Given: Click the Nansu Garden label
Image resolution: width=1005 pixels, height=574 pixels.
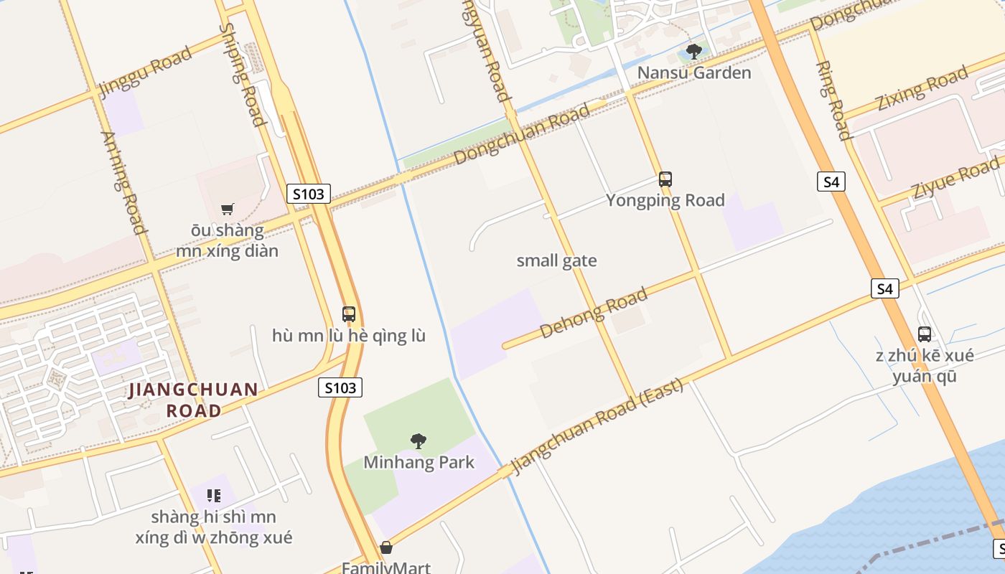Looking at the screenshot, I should pos(694,72).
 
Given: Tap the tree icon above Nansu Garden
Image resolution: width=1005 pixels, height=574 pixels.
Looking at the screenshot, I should pos(693,52).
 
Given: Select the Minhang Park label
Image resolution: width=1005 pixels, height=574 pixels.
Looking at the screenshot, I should pos(419,462).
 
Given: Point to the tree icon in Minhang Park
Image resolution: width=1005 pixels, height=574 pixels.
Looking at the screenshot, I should pos(419,441).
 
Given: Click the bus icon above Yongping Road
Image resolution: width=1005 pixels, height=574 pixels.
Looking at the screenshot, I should pos(665,179).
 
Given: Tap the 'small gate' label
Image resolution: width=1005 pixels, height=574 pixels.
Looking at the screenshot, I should pos(556,260).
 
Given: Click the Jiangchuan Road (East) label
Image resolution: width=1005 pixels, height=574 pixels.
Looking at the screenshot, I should pos(597,425).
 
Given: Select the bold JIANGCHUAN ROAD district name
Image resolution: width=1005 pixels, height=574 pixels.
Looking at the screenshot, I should pos(194,400).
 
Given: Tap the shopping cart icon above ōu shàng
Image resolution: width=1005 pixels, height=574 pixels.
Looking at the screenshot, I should pos(228,209).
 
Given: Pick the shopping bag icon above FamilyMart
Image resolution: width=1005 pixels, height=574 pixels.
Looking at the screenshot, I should pos(386,548).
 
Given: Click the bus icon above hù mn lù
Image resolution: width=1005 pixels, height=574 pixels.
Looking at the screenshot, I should pos(349,314).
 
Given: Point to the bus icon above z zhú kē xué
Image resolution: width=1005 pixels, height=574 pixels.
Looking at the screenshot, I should pos(925,334).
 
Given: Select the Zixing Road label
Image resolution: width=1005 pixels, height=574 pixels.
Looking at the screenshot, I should pos(922,89).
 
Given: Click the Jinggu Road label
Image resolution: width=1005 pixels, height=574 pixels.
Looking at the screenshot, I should pos(146,72).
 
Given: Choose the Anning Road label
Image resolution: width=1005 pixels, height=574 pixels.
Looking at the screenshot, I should pos(124,182).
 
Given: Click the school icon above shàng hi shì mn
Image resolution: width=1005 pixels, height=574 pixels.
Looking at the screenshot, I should pos(213,495).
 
